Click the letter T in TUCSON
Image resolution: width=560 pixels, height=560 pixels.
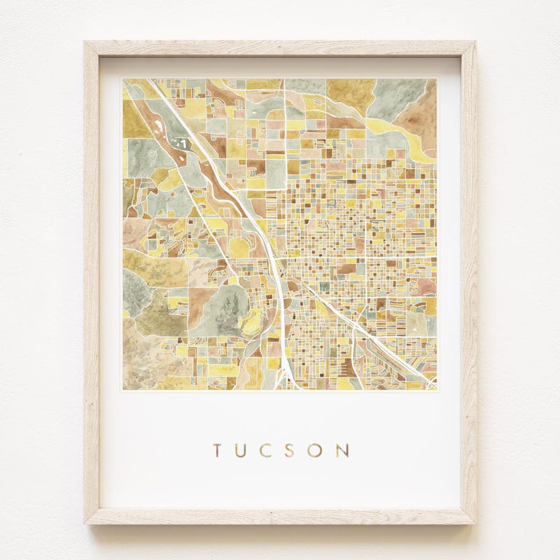coord(218,449)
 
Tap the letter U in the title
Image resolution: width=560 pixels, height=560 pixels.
coord(241,449)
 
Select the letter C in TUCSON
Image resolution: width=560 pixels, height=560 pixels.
coord(267,449)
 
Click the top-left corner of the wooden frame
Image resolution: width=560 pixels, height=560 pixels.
coord(85,43)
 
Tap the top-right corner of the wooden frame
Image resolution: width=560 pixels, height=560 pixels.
coord(475,43)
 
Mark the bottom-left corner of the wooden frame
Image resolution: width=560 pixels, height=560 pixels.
coord(85,523)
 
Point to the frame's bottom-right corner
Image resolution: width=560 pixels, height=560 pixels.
coord(475,523)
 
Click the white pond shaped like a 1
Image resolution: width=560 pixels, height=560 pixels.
coord(183,143)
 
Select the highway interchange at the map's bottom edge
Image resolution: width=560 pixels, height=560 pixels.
coord(285,378)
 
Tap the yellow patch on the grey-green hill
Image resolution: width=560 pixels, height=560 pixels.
coord(248,323)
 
